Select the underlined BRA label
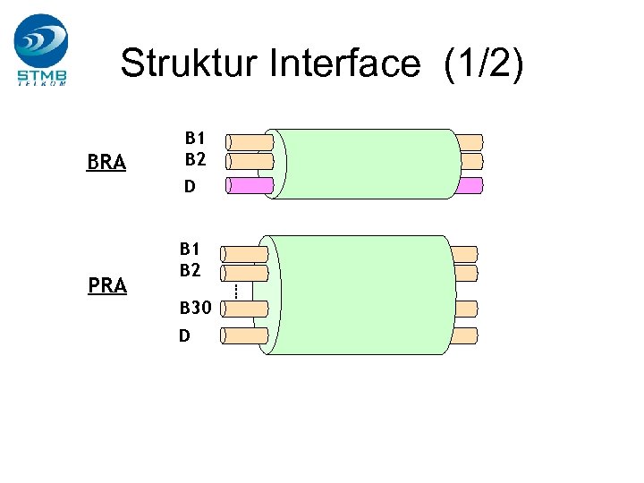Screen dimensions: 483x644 [x=106, y=163]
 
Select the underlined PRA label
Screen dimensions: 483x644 [x=107, y=286]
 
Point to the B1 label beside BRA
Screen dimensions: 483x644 [x=195, y=139]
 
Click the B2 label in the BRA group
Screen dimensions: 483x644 [x=195, y=159]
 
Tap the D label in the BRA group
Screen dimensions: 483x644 [x=190, y=187]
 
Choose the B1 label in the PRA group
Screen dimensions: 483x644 [x=190, y=249]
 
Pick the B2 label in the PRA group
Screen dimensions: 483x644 [x=190, y=269]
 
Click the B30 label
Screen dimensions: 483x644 [x=195, y=309]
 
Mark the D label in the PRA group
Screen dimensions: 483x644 [x=184, y=336]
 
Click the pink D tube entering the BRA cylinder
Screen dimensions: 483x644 [x=250, y=185]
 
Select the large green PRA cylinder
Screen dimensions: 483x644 [x=358, y=295]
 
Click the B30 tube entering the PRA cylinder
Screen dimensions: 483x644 [x=243, y=309]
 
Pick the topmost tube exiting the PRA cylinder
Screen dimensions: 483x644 [x=464, y=254]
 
